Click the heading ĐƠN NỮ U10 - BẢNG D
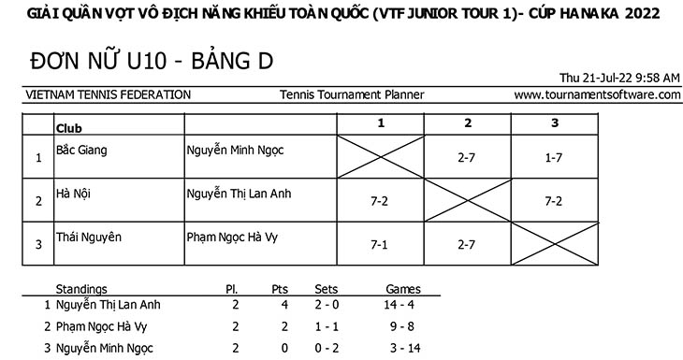point(152,61)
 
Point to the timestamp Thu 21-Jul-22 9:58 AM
point(619,78)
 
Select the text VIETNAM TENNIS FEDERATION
point(108,94)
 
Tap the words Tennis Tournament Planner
point(352,94)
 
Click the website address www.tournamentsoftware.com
point(597,94)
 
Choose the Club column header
point(69,128)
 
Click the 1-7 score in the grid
point(554,158)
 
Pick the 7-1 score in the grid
point(379,245)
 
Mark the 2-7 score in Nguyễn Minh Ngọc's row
point(466,158)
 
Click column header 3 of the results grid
point(555,123)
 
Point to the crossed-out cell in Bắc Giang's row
point(380,157)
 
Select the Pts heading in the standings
point(280,290)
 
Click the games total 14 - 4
point(399,305)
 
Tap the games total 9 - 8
point(401,326)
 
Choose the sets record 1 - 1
point(327,326)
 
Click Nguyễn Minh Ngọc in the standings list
point(105,349)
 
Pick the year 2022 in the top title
point(642,13)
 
